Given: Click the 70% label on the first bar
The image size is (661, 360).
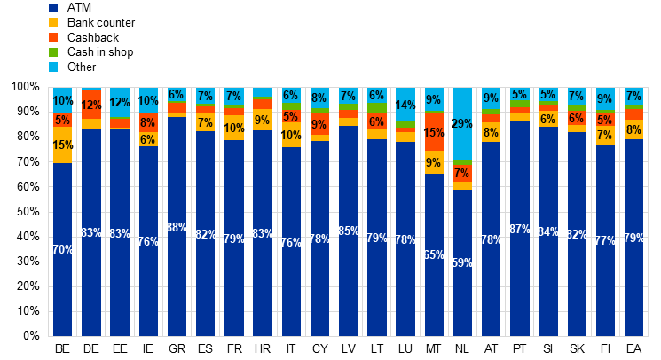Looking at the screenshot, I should [62, 250].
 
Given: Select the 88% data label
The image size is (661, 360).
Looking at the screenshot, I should [177, 228].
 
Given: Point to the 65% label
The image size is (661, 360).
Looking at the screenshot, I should [434, 255].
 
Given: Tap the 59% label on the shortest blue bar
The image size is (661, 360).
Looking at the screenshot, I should [462, 263].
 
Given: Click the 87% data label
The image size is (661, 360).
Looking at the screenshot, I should [520, 230].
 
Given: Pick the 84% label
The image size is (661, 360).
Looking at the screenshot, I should [548, 232].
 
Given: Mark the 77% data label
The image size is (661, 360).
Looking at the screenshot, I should [605, 240].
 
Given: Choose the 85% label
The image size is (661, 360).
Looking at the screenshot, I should [349, 231].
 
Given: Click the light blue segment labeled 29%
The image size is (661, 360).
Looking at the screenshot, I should [462, 124].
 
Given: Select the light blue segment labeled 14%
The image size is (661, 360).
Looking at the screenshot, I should [405, 106].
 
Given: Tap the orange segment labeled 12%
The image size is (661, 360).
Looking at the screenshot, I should [91, 106].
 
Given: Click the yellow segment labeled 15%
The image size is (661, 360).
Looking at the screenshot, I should [62, 145].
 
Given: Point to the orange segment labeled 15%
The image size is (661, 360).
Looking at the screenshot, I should [434, 133].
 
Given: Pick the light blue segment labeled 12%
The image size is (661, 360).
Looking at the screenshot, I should [120, 102].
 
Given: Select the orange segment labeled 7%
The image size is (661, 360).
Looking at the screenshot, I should [462, 174].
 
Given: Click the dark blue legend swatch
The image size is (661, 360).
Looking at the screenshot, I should [53, 8].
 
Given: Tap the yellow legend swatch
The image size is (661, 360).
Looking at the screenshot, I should [53, 22].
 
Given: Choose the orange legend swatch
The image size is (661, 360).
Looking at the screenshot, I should [53, 37].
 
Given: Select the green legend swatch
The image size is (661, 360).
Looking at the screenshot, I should [53, 52].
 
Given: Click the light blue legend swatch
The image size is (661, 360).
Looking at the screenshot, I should [53, 67].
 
